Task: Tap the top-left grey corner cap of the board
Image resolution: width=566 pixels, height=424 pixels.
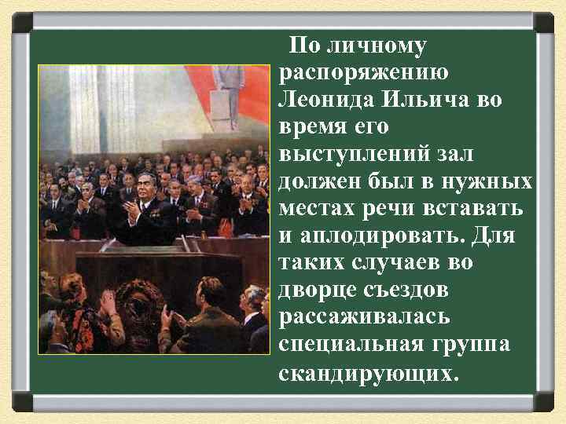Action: tap(21, 21)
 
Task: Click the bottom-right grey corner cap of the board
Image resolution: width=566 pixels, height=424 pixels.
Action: tap(544, 402)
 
